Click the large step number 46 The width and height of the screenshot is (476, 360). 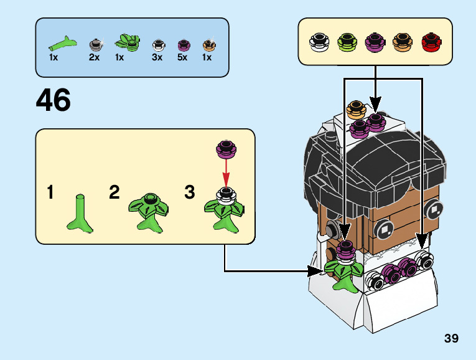coord(54,100)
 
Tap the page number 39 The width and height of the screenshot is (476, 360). coord(451,339)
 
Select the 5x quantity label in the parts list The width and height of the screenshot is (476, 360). coord(182,57)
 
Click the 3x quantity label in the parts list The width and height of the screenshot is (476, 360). coord(157,57)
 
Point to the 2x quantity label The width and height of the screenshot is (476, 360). coord(94,57)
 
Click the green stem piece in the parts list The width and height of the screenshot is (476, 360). coord(61,44)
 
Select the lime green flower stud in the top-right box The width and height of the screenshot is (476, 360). coord(347,42)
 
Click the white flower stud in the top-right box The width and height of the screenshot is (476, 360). coord(319,42)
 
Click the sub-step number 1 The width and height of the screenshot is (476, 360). coord(50,192)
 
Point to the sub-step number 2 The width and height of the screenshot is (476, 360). coord(114,192)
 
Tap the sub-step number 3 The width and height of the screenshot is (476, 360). coord(190,192)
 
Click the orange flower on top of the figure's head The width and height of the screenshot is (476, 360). coord(355,110)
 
